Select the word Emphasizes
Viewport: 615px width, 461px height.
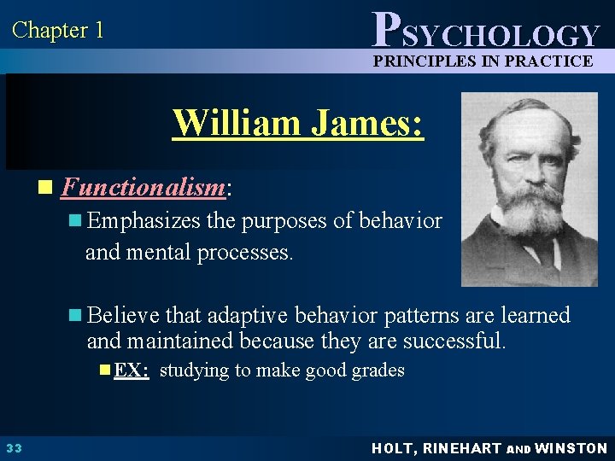(x=144, y=221)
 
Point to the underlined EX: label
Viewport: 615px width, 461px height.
(x=131, y=371)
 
